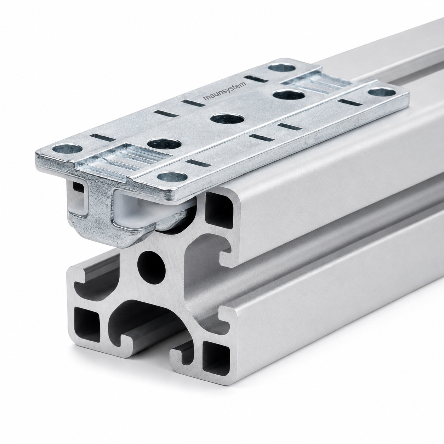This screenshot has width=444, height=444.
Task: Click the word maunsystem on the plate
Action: tap(225, 91)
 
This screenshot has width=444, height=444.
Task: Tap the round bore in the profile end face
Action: tap(152, 267)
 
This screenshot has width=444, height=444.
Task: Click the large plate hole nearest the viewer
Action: tap(164, 144)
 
